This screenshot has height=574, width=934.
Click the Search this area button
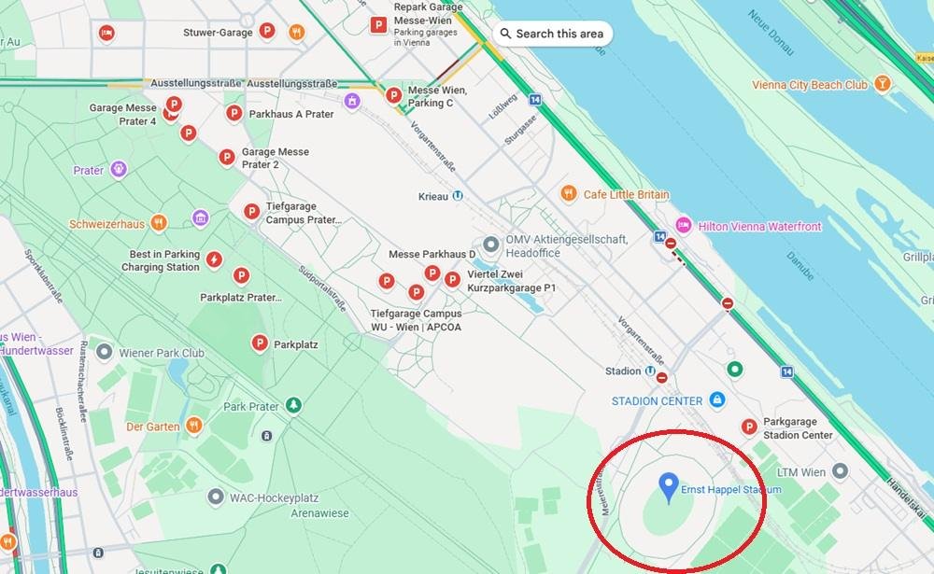(x=553, y=34)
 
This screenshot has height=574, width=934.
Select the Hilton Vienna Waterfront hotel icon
(x=684, y=226)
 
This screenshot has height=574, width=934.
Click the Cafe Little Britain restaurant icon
(x=568, y=194)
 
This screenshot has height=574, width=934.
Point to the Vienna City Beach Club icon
(x=882, y=84)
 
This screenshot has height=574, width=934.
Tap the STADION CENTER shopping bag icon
(x=716, y=400)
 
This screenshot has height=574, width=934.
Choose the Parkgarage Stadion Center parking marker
(x=748, y=427)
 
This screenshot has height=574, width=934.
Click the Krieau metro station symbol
(x=458, y=196)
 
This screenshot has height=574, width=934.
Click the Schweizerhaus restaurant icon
(x=159, y=224)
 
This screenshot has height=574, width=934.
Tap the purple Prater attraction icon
(x=118, y=170)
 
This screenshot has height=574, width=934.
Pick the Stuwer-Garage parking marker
(x=266, y=32)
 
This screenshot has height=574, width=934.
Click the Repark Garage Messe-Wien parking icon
(x=378, y=26)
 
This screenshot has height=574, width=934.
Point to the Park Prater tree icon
(x=293, y=405)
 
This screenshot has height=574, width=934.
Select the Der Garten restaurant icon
(x=194, y=427)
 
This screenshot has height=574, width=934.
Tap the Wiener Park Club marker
(x=105, y=353)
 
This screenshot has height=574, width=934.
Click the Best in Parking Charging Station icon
(x=214, y=259)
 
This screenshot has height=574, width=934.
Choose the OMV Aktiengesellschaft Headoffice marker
(x=491, y=245)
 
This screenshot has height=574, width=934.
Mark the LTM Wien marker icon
(x=840, y=472)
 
